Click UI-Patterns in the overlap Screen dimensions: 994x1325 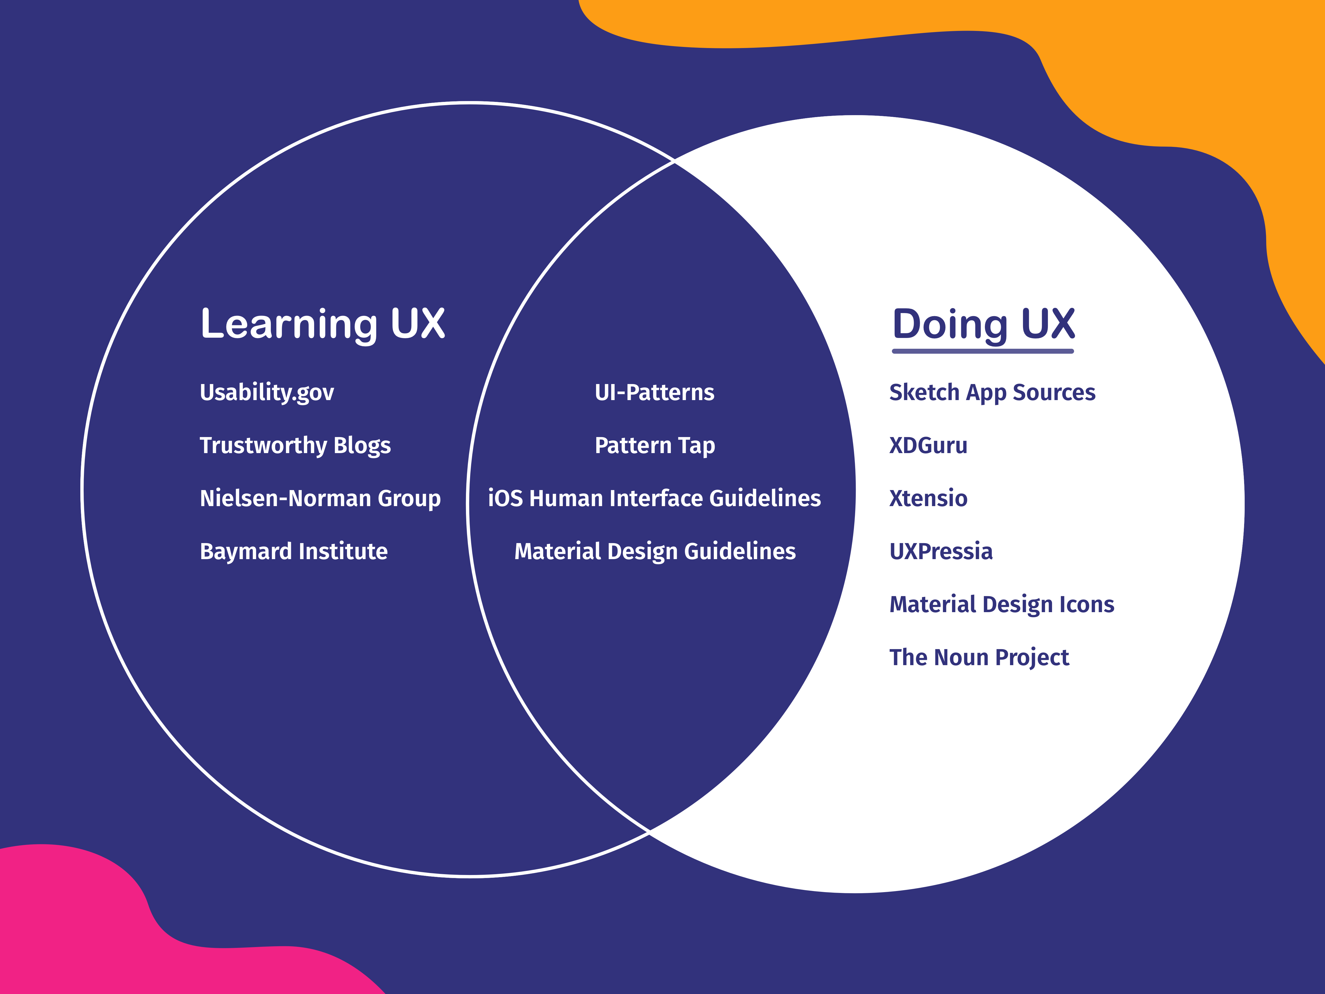click(654, 392)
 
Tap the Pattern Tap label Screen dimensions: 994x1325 click(655, 445)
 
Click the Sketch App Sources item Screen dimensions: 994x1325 click(992, 392)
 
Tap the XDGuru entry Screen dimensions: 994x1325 click(928, 445)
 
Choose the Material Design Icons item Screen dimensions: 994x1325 click(1001, 604)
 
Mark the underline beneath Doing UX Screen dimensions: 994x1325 click(983, 351)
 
